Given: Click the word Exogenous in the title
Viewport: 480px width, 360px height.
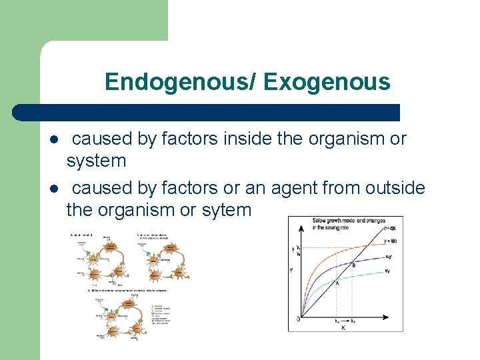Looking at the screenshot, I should (326, 82).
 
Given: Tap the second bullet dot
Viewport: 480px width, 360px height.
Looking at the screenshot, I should (53, 190).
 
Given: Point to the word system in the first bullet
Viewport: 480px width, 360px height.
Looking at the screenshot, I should (96, 161).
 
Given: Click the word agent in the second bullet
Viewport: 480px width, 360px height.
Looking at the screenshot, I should (297, 189).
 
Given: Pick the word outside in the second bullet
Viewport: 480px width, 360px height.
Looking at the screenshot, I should (395, 189).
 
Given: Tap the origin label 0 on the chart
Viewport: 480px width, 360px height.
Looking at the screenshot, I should (298, 319).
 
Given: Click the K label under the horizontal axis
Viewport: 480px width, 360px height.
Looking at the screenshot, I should (343, 327).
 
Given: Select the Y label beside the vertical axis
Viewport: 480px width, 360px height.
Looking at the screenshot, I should (291, 271).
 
